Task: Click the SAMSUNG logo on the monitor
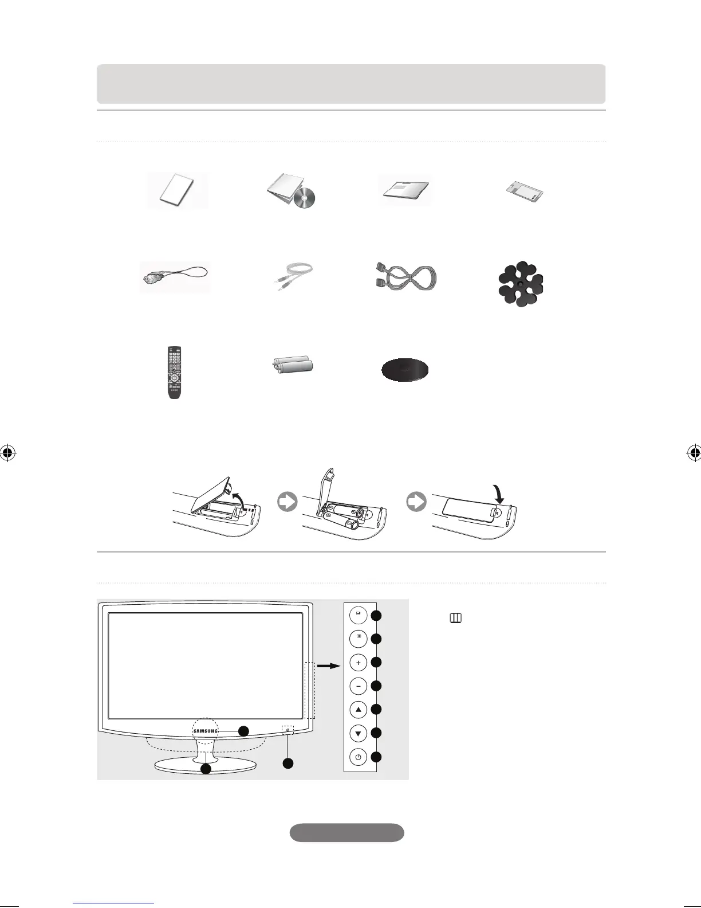click(x=206, y=731)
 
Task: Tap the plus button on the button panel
click(x=358, y=663)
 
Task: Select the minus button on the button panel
click(x=358, y=686)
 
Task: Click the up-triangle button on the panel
click(x=358, y=710)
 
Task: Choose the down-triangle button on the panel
click(x=358, y=733)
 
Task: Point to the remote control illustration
click(x=174, y=372)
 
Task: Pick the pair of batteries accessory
click(x=294, y=366)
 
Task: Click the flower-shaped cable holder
click(x=520, y=284)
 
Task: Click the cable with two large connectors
click(x=404, y=277)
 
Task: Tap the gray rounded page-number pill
click(x=346, y=832)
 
